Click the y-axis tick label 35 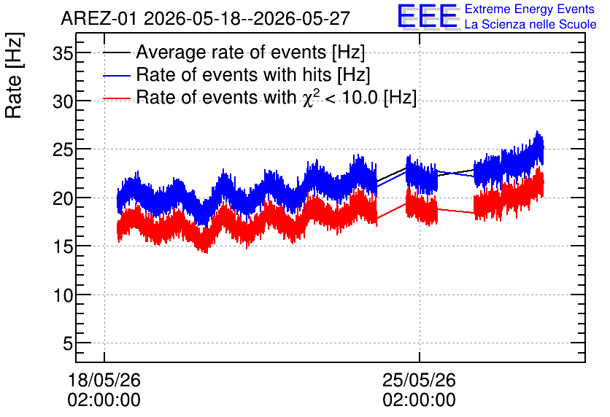click(63, 52)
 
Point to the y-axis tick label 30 click(63, 102)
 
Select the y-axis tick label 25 click(63, 150)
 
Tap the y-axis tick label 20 click(63, 198)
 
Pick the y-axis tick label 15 click(63, 247)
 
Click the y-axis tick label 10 click(63, 296)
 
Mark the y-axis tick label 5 click(68, 343)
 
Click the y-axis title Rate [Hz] click(14, 75)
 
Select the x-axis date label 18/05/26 click(104, 380)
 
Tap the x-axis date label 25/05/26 click(419, 380)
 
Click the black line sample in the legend click(117, 52)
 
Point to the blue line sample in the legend click(117, 75)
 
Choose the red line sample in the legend click(117, 98)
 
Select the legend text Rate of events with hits click(233, 74)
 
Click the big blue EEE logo click(428, 17)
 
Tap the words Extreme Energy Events click(530, 9)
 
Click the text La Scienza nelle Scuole click(530, 24)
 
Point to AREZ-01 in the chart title click(99, 19)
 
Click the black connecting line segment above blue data click(391, 174)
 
